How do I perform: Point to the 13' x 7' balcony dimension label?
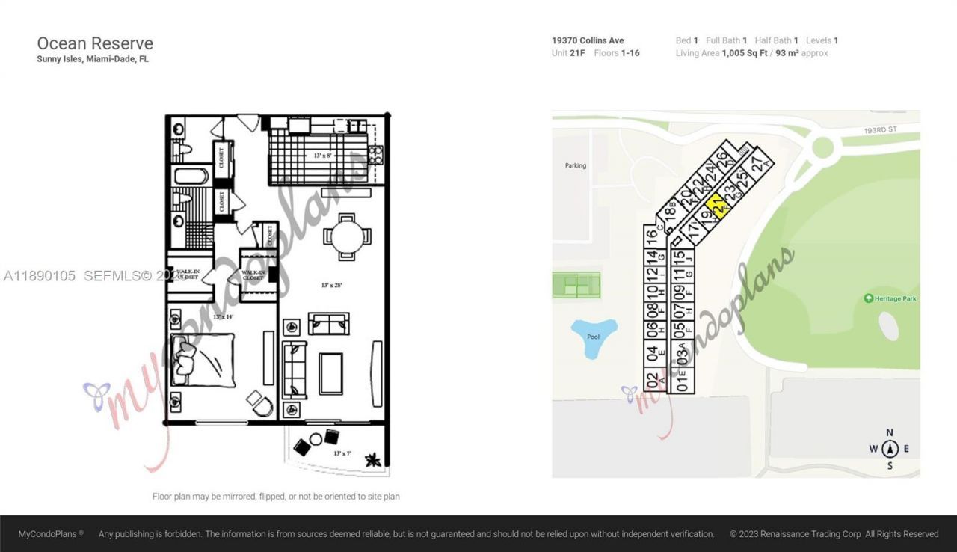[343, 453]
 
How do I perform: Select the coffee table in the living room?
[330, 373]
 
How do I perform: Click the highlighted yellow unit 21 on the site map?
[716, 205]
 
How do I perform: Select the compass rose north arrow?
[890, 449]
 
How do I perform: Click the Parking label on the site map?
[576, 165]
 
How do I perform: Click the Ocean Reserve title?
[95, 43]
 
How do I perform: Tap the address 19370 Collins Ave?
[588, 40]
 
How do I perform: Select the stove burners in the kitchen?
[376, 154]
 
